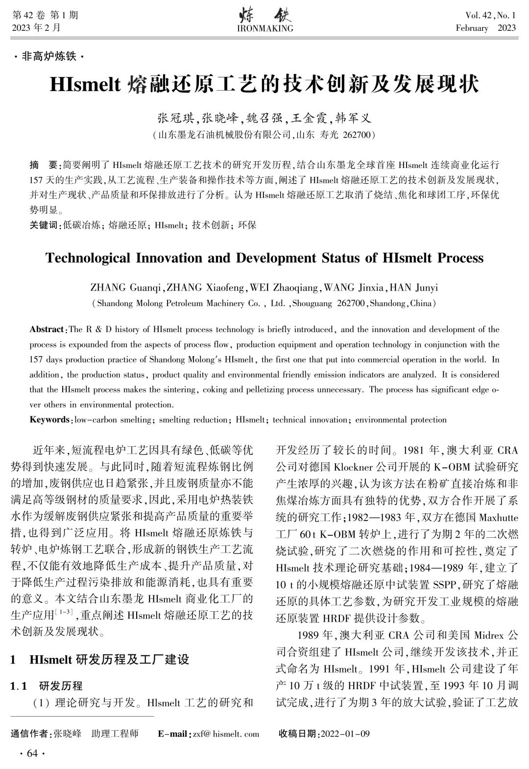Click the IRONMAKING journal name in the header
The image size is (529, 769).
[x=264, y=28]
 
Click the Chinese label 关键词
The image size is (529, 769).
[x=44, y=225]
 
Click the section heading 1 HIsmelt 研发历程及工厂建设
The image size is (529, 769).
[x=100, y=659]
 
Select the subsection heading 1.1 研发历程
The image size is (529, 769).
[x=47, y=686]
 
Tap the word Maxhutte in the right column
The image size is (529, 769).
[x=498, y=518]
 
